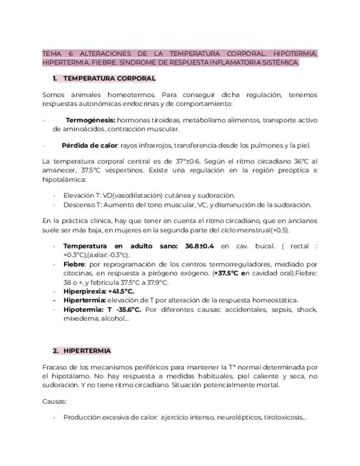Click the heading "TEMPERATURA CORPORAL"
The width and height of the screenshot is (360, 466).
(109, 79)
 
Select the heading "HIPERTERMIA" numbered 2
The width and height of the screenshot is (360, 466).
(87, 351)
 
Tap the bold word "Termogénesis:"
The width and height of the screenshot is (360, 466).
(90, 120)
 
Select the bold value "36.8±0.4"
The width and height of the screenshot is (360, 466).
(200, 246)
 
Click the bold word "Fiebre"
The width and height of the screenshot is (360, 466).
(74, 264)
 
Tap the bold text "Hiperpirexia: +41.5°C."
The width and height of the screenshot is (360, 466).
(98, 291)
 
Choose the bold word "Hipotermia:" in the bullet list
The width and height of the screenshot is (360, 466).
(83, 309)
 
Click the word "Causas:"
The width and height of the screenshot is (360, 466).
(54, 401)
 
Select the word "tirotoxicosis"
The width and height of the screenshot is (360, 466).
(284, 418)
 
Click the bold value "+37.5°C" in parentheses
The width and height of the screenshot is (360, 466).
(228, 273)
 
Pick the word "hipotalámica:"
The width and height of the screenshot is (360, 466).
(63, 179)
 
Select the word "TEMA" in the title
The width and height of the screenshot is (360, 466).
(52, 53)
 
